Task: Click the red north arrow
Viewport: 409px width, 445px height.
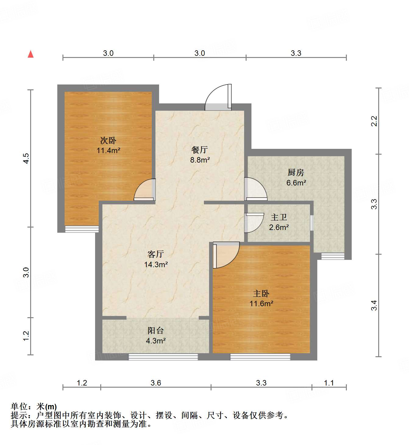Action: [x=30, y=54]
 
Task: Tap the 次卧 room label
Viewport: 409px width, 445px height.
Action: [x=108, y=141]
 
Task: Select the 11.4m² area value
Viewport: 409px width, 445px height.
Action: [x=108, y=150]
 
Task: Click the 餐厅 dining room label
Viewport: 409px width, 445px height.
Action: [x=200, y=150]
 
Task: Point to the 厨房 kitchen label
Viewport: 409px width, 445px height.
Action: [x=296, y=173]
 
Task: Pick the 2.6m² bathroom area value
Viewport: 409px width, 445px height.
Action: [x=279, y=227]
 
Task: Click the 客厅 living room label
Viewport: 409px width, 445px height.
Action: [x=156, y=254]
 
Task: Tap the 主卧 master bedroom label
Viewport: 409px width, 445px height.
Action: [x=261, y=293]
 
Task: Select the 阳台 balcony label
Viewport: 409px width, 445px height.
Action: [x=156, y=330]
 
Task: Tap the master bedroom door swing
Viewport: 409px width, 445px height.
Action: [x=226, y=254]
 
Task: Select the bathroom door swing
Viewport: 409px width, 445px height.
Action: [x=254, y=222]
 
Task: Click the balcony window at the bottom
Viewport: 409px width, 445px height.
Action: [x=163, y=357]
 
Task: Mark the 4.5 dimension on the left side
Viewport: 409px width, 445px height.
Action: [x=26, y=158]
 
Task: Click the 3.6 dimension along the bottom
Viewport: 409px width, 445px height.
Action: [x=156, y=383]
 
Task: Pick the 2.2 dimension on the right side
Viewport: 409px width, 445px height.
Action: [x=374, y=121]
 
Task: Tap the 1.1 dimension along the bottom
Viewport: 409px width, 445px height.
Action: [x=329, y=383]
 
